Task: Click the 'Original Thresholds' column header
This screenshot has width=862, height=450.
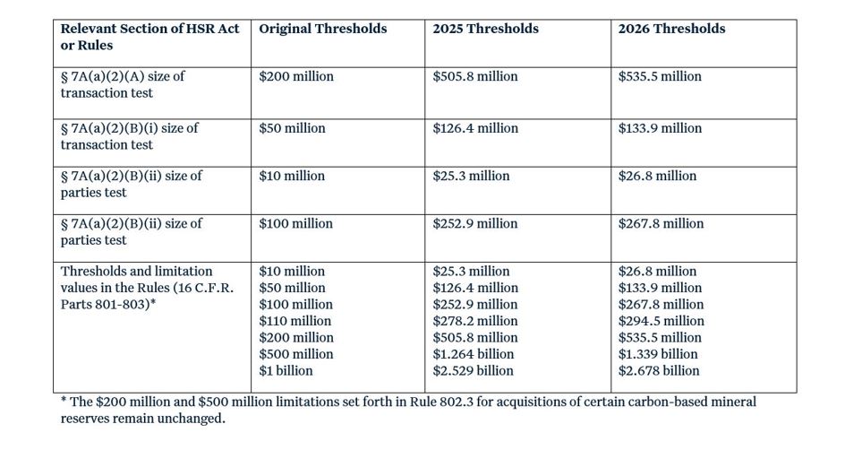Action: [322, 29]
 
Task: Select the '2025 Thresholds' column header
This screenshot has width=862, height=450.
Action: [485, 29]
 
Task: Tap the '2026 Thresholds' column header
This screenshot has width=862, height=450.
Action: [671, 29]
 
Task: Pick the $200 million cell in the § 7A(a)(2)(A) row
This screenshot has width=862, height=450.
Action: [295, 77]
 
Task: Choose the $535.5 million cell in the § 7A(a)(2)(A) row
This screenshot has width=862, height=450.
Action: [660, 77]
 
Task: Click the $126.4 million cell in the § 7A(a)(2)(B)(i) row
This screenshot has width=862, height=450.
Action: [474, 128]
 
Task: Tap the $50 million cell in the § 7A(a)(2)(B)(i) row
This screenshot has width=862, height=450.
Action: [292, 128]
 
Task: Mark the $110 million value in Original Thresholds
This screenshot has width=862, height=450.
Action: [294, 321]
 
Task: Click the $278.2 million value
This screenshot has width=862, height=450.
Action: [474, 321]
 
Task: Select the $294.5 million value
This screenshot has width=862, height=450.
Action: [661, 321]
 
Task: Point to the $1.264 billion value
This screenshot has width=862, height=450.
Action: [473, 354]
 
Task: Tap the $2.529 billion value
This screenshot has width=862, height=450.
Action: [473, 371]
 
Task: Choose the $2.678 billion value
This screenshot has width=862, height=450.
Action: [659, 371]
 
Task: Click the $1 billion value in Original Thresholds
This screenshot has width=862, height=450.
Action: [286, 371]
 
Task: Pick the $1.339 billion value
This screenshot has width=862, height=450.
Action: [659, 354]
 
